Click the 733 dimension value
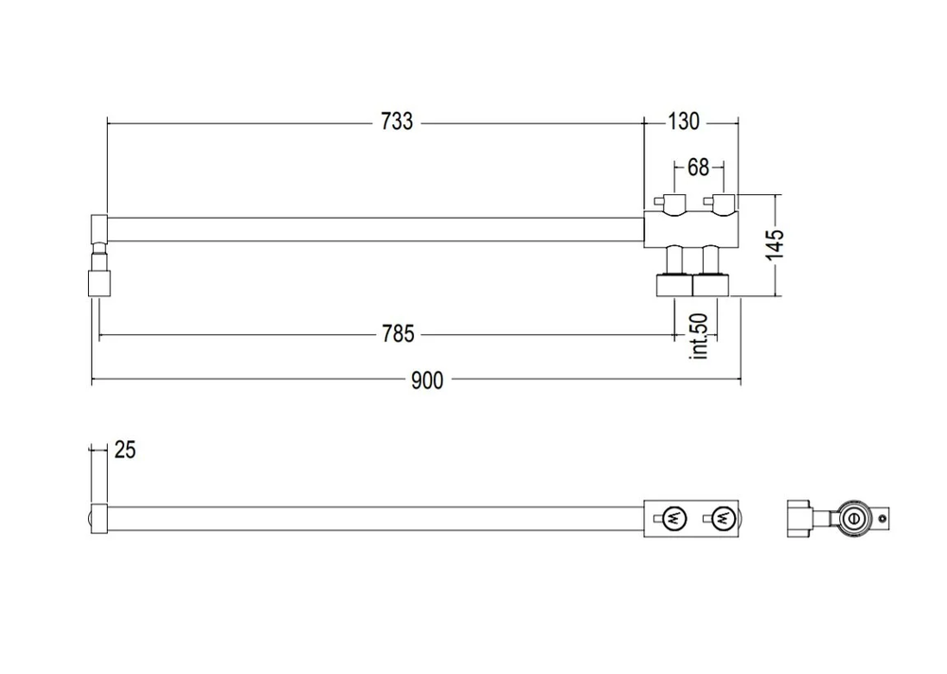click(x=397, y=122)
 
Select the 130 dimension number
click(x=683, y=122)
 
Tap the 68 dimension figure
click(x=698, y=168)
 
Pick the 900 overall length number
click(x=427, y=381)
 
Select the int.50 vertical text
click(x=701, y=336)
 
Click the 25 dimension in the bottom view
click(x=125, y=450)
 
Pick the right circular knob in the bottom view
click(x=722, y=518)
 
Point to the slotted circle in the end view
click(x=854, y=518)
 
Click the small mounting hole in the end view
click(x=885, y=518)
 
